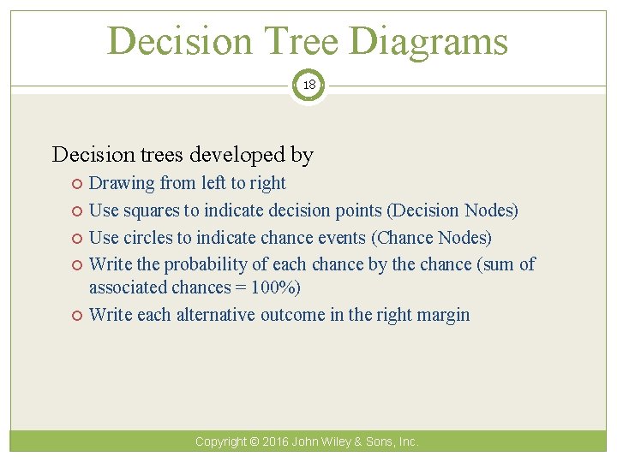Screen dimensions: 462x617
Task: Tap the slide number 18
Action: [308, 85]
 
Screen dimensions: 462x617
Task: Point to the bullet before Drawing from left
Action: [77, 184]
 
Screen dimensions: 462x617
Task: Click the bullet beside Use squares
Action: [77, 211]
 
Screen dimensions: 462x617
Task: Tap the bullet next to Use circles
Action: [77, 238]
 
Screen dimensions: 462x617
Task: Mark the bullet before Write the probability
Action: [77, 265]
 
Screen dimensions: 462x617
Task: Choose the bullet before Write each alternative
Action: [77, 316]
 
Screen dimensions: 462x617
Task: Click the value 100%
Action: [277, 287]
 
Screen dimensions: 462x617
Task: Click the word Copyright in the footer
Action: [220, 441]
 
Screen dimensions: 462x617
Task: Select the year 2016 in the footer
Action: [276, 441]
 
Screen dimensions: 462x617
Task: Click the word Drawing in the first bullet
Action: [123, 183]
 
